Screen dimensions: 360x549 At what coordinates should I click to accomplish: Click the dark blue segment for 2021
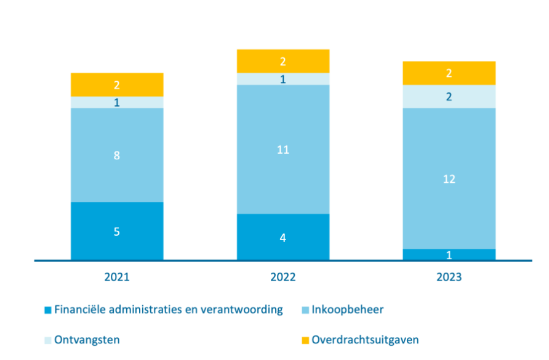point(117,231)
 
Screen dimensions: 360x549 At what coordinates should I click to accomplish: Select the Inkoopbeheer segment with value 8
point(117,155)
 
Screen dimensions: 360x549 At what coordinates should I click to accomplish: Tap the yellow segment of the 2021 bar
point(117,85)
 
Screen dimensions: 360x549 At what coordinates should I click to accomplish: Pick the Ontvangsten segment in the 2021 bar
point(117,102)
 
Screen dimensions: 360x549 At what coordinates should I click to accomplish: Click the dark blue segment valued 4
point(283,237)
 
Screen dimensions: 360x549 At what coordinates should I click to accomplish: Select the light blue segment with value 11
point(283,150)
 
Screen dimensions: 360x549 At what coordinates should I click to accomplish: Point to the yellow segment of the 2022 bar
point(283,61)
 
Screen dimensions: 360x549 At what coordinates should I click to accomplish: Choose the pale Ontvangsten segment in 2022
point(283,79)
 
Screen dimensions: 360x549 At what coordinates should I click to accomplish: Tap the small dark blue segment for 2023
point(449,254)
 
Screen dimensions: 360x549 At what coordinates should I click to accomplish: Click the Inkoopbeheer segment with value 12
point(449,178)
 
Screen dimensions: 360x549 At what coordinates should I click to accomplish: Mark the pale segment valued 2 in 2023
point(449,97)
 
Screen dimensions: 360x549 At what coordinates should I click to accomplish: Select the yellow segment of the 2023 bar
point(449,73)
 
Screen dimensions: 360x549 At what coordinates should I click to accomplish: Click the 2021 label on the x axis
point(117,278)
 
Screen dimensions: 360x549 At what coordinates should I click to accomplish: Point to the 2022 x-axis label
point(283,278)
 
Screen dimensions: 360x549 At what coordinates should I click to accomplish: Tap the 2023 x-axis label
point(449,278)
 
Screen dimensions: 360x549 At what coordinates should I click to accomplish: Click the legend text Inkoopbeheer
point(347,310)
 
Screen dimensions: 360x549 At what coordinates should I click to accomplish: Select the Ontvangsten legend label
point(87,340)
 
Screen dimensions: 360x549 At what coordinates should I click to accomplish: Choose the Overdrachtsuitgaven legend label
point(365,340)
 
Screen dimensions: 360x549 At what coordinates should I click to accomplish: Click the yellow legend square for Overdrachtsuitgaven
point(305,340)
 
